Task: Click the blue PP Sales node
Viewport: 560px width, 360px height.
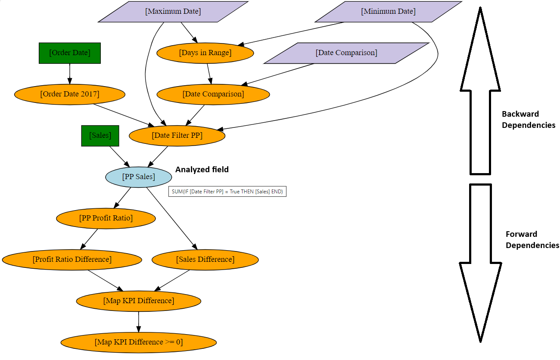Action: tap(139, 177)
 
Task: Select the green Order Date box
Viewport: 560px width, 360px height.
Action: tap(70, 53)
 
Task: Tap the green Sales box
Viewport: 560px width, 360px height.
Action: tap(100, 136)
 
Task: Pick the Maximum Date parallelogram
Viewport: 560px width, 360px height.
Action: tap(173, 12)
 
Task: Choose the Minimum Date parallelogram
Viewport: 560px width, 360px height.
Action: tap(388, 12)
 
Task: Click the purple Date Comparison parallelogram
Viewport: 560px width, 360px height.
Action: tap(346, 53)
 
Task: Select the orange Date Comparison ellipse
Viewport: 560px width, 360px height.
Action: tap(213, 94)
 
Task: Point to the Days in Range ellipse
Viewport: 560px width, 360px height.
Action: tap(205, 53)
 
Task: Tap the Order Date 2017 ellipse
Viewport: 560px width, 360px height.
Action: tap(70, 94)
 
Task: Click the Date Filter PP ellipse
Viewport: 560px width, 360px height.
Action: tap(177, 136)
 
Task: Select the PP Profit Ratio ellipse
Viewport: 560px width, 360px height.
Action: tap(106, 218)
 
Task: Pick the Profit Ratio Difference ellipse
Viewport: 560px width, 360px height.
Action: tap(72, 260)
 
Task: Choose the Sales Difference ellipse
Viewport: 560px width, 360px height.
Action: tap(205, 260)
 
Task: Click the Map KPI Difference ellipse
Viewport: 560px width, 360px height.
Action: tap(139, 301)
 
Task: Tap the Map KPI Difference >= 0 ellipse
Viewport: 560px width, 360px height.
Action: tap(139, 343)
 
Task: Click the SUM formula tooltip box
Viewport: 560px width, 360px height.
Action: tap(227, 192)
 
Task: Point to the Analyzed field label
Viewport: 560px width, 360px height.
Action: tap(202, 170)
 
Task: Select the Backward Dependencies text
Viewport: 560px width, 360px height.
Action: tap(528, 120)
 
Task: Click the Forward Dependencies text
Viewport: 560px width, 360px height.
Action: tap(532, 240)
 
